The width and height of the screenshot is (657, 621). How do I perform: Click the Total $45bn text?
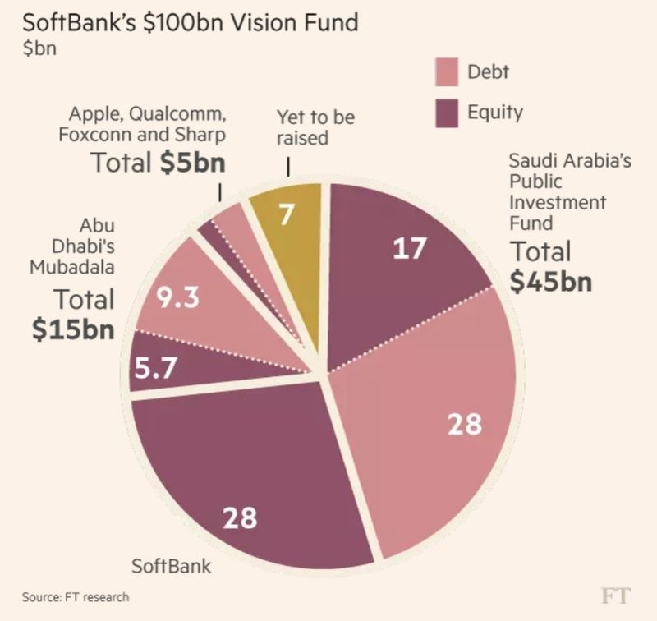point(550,266)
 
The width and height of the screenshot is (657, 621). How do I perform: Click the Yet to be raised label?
point(315,127)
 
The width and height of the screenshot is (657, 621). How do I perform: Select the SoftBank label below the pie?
point(172,566)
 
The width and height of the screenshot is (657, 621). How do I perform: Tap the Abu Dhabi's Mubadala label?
point(71,246)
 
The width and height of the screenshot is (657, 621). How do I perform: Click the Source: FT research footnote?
point(76,597)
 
